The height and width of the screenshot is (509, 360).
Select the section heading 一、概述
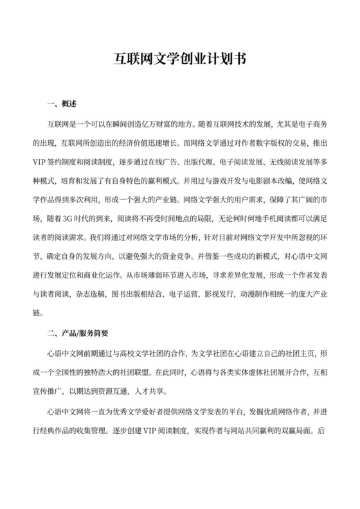click(62, 104)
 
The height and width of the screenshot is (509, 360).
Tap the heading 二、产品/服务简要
click(80, 334)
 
